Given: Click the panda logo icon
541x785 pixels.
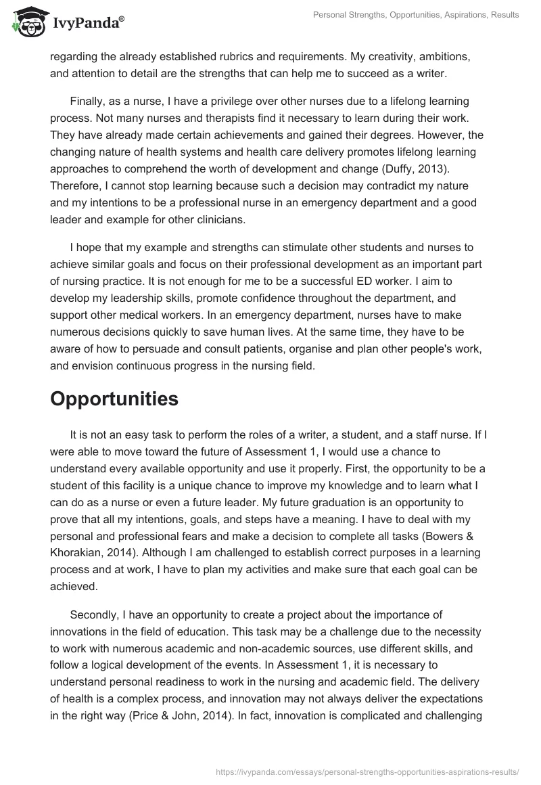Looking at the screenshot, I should click(x=26, y=21).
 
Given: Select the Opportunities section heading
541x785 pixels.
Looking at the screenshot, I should click(x=114, y=399).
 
